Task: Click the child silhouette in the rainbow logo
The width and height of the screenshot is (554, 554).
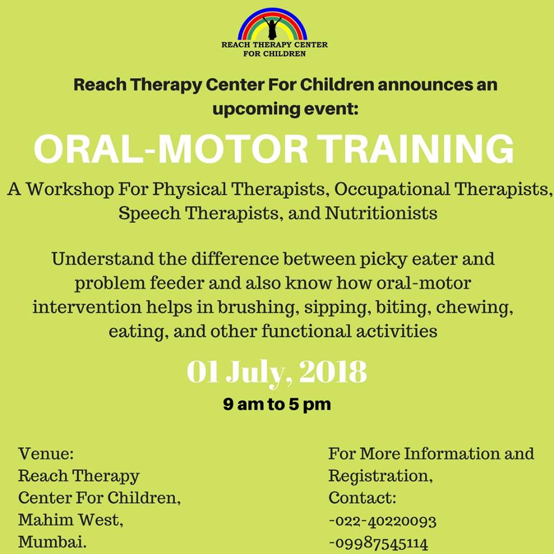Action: pyautogui.click(x=272, y=28)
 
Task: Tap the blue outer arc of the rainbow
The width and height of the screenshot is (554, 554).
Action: pyautogui.click(x=272, y=10)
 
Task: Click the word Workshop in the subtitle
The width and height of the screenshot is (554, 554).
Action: pyautogui.click(x=70, y=189)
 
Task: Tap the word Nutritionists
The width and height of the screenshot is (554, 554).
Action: pyautogui.click(x=381, y=213)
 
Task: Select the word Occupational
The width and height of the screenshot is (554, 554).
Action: pyautogui.click(x=392, y=190)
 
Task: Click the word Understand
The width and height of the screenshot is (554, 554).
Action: pyautogui.click(x=103, y=259)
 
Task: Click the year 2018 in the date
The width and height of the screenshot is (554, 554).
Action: pyautogui.click(x=333, y=372)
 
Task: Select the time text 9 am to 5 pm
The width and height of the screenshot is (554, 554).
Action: pyautogui.click(x=277, y=404)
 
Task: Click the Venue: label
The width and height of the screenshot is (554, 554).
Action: pyautogui.click(x=46, y=454)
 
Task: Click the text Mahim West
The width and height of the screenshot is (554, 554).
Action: pyautogui.click(x=70, y=520)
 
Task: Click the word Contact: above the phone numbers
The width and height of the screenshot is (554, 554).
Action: pyautogui.click(x=362, y=498)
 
